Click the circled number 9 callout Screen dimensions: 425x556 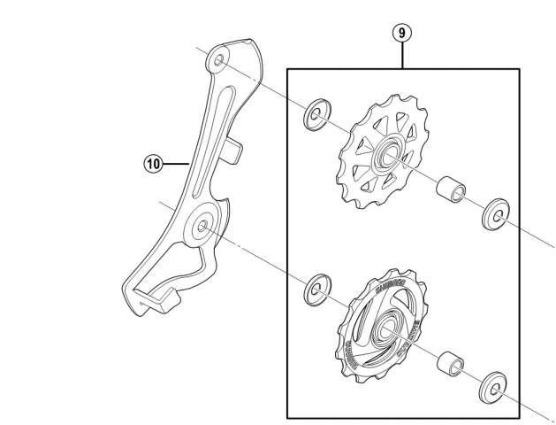tap(402, 34)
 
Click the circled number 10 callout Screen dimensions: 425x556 tap(154, 163)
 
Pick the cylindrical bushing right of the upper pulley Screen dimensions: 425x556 tap(450, 189)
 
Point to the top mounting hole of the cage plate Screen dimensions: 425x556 tap(215, 60)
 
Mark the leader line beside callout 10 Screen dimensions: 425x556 tap(178, 163)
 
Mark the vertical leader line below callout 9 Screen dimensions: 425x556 tap(402, 55)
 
